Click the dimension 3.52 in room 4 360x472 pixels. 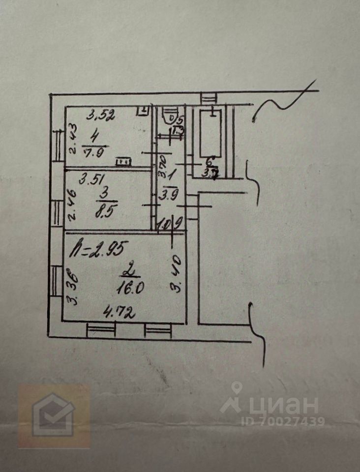tap(101, 116)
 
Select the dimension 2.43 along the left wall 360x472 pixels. tap(71, 141)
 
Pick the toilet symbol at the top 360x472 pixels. tap(170, 116)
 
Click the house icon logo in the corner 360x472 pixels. tap(53, 415)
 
